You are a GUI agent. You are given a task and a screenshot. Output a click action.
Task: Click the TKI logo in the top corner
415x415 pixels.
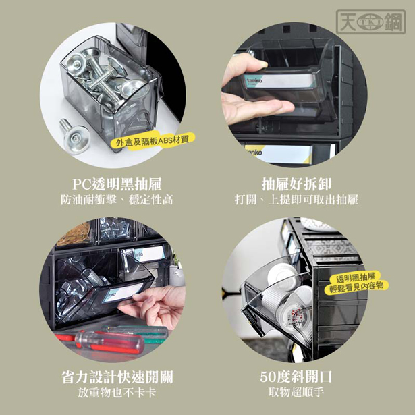(370, 22)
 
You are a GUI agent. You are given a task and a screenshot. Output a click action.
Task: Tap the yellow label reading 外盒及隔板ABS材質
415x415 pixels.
(153, 141)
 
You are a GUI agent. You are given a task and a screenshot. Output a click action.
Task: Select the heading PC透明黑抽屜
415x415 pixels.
(117, 184)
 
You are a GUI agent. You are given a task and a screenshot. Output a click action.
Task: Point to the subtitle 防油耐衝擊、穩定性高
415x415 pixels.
(117, 200)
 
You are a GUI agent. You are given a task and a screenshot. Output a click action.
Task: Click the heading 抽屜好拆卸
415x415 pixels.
(296, 184)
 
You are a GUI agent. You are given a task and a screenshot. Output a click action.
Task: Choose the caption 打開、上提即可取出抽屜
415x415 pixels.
(296, 200)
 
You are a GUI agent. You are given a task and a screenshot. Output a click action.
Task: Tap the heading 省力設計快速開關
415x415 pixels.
(117, 377)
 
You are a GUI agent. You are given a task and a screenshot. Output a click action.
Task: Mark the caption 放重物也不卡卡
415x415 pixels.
(117, 393)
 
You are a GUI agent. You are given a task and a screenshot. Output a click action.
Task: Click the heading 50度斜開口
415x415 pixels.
(296, 377)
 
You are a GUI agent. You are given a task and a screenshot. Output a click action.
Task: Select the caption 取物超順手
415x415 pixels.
(296, 392)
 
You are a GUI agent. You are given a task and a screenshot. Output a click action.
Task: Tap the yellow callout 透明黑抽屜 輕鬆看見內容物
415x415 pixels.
(356, 282)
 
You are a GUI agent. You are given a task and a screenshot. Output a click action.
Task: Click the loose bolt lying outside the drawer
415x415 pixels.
(74, 134)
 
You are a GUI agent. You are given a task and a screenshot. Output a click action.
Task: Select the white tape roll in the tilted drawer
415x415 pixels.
(282, 276)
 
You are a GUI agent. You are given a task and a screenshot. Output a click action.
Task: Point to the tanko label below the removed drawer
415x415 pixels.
(278, 153)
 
